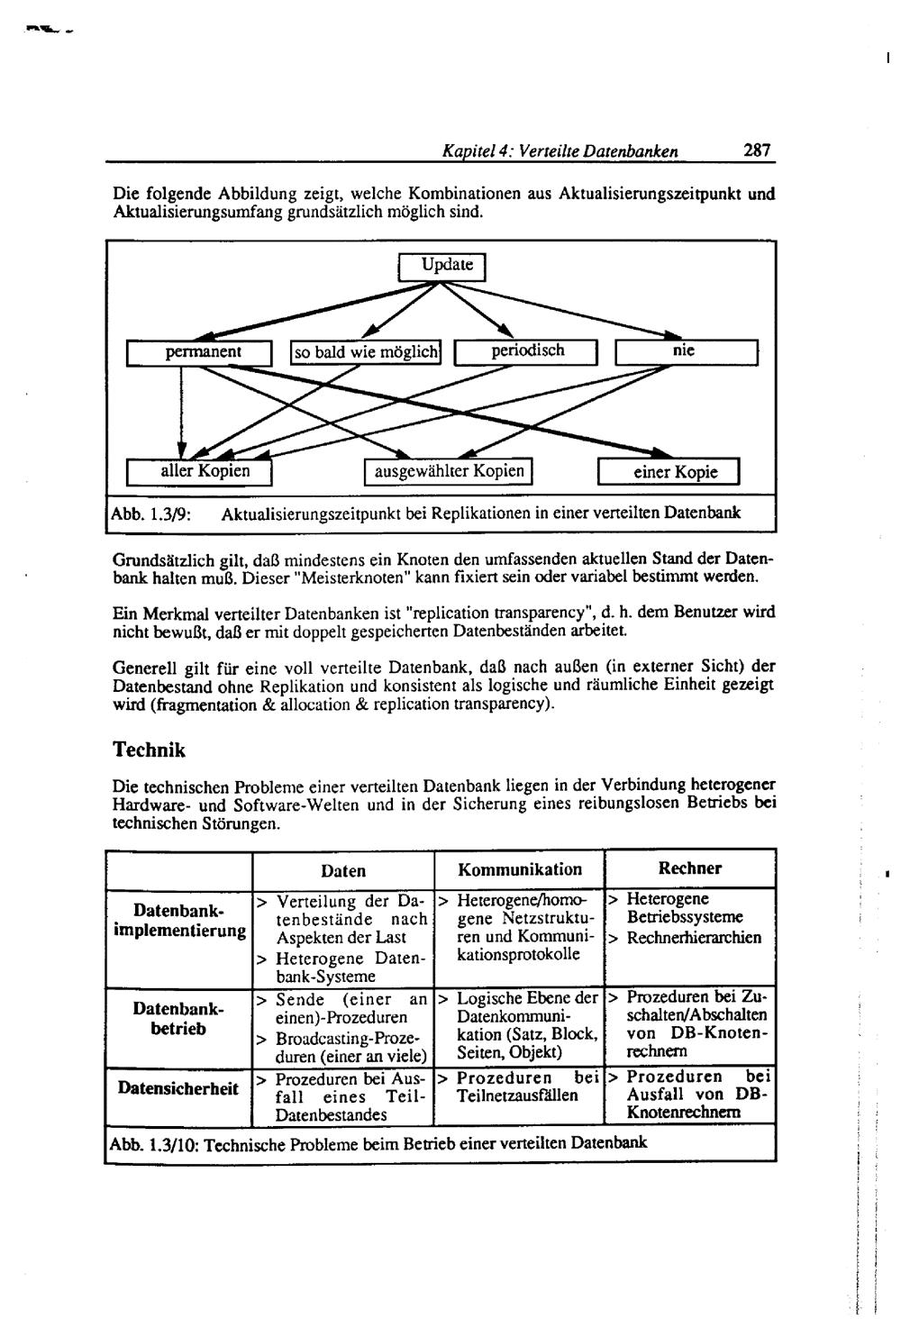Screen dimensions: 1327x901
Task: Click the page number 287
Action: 757,150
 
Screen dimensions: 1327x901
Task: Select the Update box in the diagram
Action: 441,267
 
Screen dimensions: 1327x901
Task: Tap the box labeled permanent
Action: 200,352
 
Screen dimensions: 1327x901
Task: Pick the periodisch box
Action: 527,351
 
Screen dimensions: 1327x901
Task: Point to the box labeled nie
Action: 687,351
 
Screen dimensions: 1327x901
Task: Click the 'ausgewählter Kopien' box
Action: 449,471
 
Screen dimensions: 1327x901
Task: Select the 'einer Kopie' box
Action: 669,472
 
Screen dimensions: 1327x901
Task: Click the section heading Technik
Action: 149,750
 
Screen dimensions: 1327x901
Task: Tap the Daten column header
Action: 343,870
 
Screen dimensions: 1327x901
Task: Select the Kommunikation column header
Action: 520,869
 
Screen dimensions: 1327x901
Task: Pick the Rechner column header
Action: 689,868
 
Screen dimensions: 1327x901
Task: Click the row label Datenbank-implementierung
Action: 180,920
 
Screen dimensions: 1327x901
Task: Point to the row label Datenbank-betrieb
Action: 180,1018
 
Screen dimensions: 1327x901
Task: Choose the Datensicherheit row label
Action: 178,1088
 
